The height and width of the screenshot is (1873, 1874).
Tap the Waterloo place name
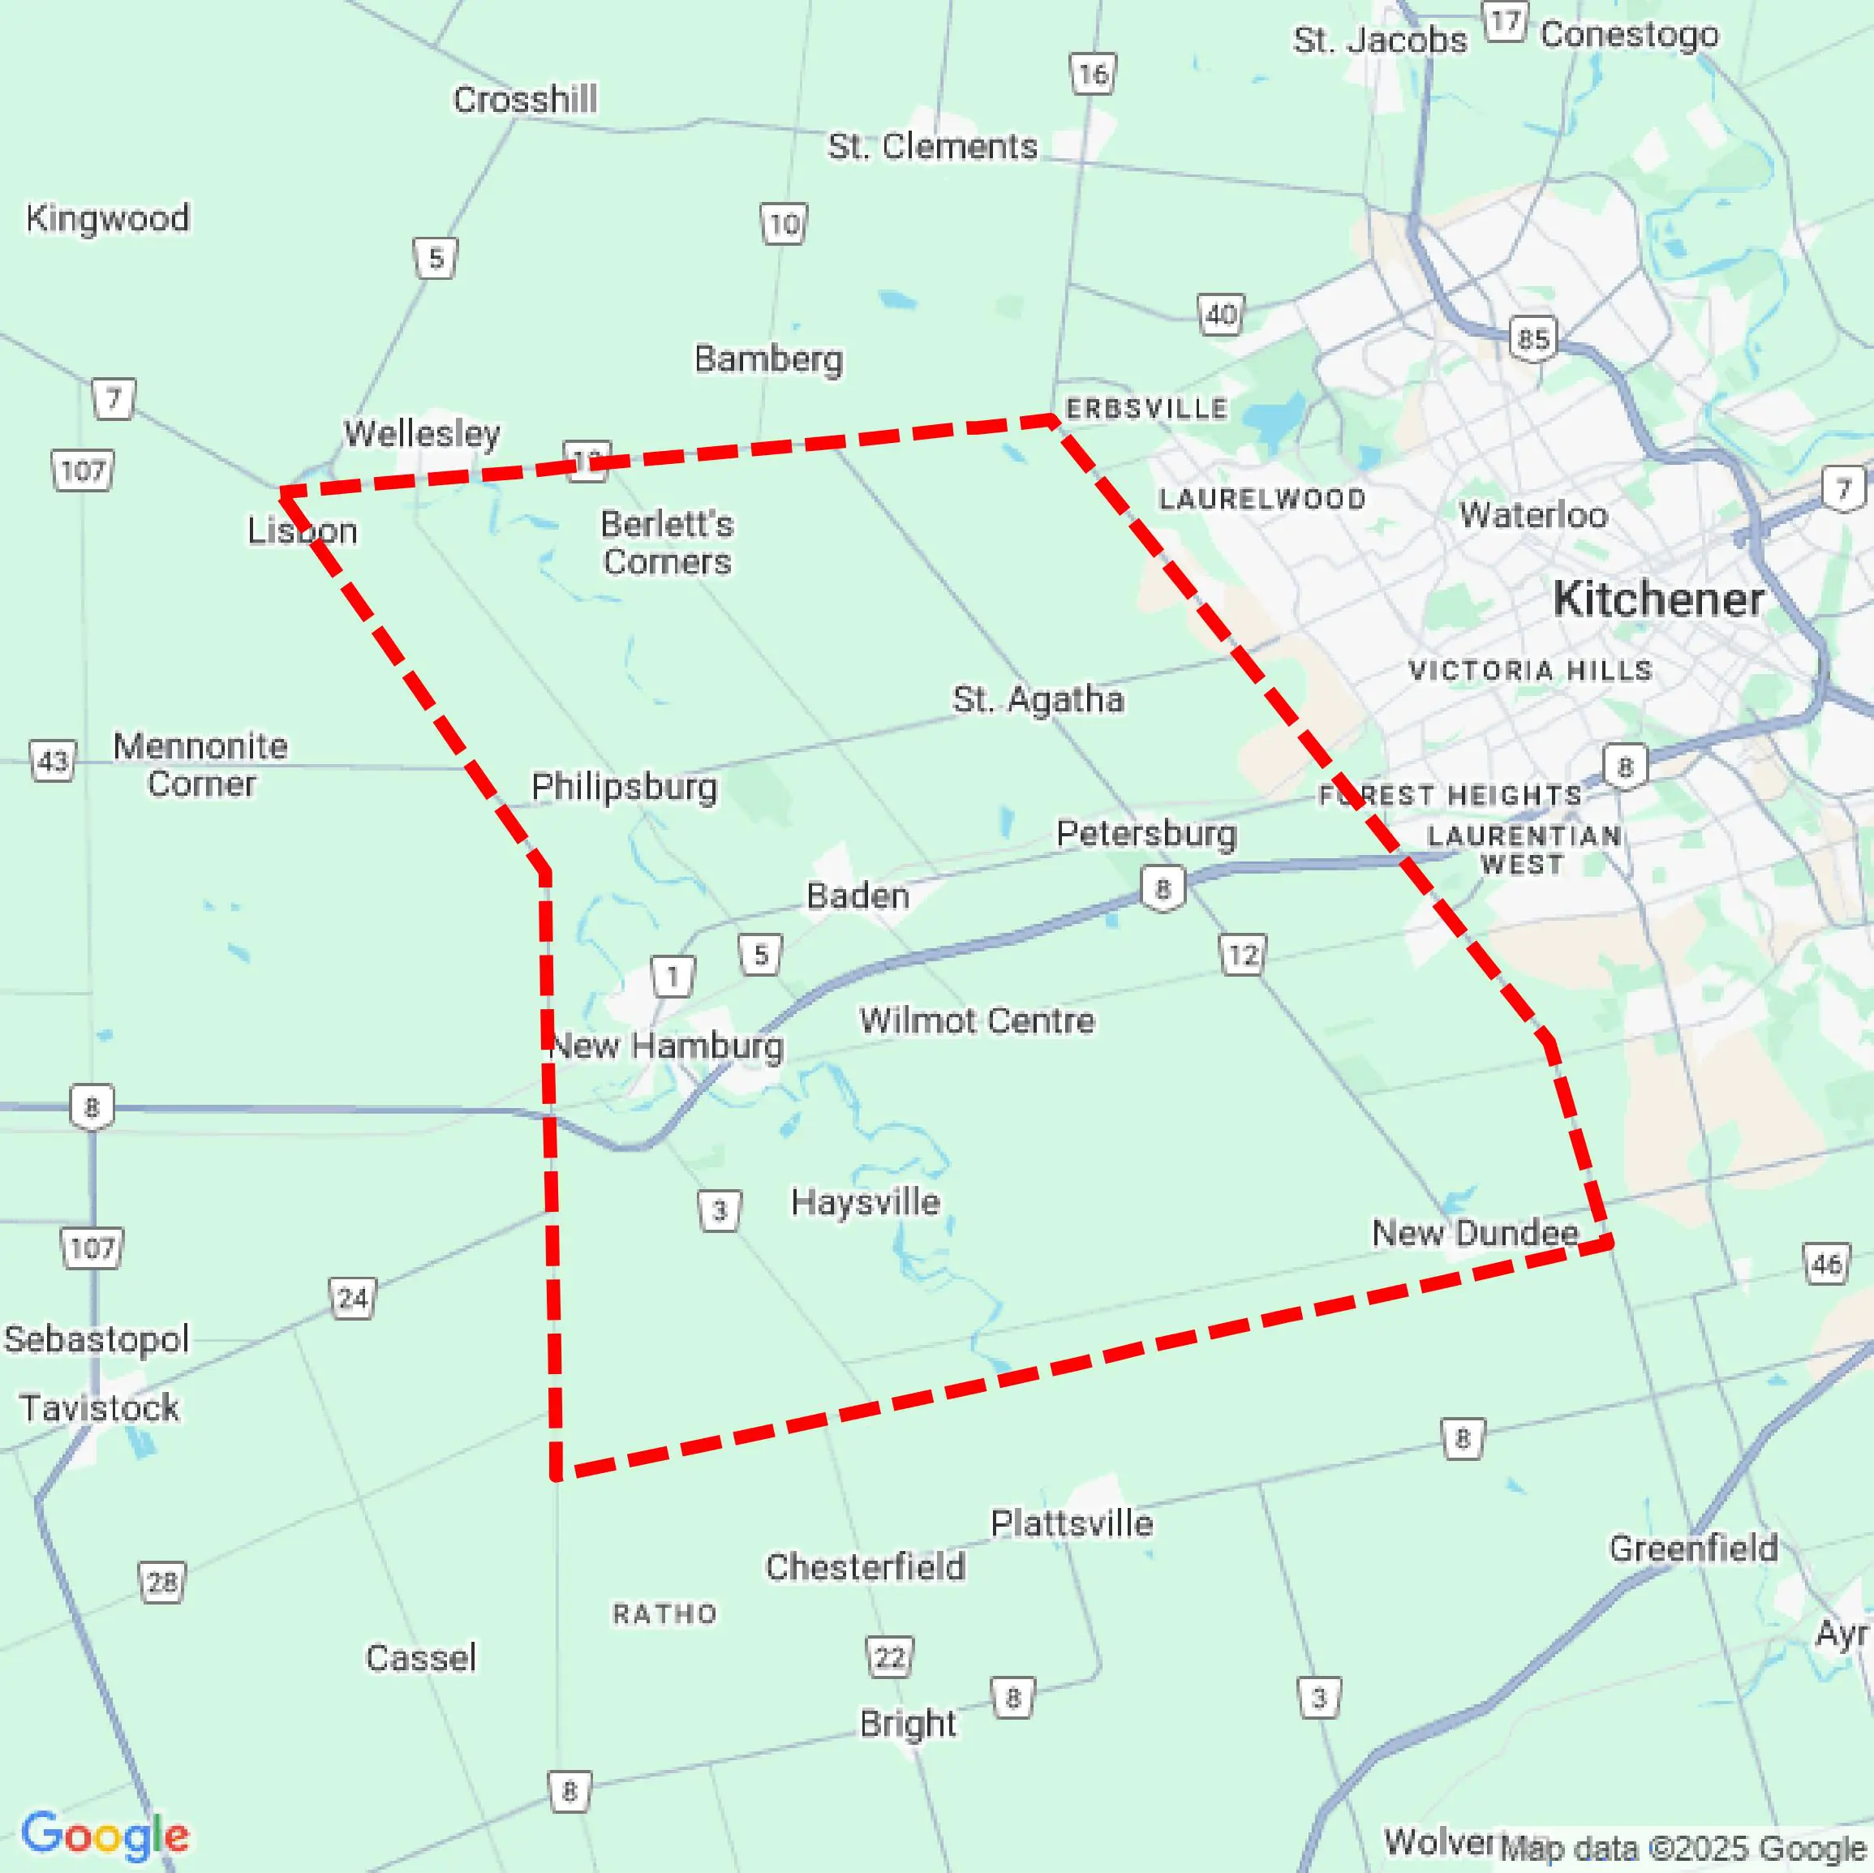tap(1532, 515)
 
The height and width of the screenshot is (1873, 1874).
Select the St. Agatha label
tap(1038, 699)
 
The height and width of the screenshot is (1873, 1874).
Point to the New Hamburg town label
tap(666, 1046)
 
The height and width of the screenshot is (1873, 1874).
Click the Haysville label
tap(866, 1203)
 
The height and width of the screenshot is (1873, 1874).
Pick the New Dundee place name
tap(1474, 1233)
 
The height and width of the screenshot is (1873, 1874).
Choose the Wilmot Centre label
tap(977, 1020)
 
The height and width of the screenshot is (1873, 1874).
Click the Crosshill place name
tap(525, 100)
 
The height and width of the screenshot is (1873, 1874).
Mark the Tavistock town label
tap(99, 1407)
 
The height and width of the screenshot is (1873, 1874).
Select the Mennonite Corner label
tap(201, 764)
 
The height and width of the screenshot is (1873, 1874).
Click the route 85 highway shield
tap(1532, 338)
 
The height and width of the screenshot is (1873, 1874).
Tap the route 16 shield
tap(1094, 74)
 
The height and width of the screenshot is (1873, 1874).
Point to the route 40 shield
tap(1220, 314)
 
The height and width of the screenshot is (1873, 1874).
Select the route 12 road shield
tap(1243, 956)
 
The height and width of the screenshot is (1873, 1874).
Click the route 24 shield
tap(352, 1298)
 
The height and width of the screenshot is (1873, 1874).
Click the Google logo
tap(105, 1834)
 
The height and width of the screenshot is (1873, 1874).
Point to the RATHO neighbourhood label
tap(664, 1614)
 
